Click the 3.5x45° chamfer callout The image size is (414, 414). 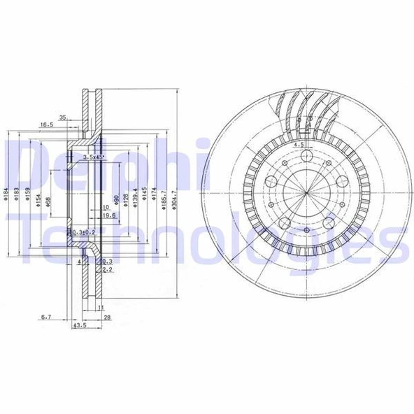click(x=93, y=158)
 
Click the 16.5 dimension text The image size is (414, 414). click(x=46, y=124)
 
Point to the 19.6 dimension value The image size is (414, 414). click(x=106, y=216)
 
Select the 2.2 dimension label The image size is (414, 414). click(x=108, y=269)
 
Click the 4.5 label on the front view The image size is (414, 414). click(x=297, y=144)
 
